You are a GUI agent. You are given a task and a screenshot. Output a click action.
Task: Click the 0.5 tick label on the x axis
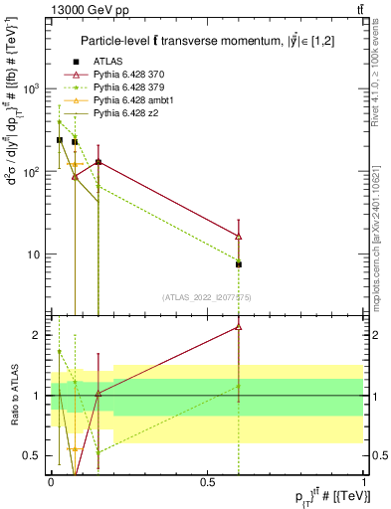click(207, 481)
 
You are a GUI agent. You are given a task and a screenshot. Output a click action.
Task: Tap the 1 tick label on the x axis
click(363, 481)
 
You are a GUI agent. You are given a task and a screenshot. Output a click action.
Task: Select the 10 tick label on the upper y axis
click(35, 254)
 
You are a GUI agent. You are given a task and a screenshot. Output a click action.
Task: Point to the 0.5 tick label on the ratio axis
click(33, 456)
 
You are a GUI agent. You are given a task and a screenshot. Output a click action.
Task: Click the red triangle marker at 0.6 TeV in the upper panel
click(239, 236)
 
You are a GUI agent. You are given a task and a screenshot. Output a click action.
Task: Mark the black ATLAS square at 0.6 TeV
click(239, 264)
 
